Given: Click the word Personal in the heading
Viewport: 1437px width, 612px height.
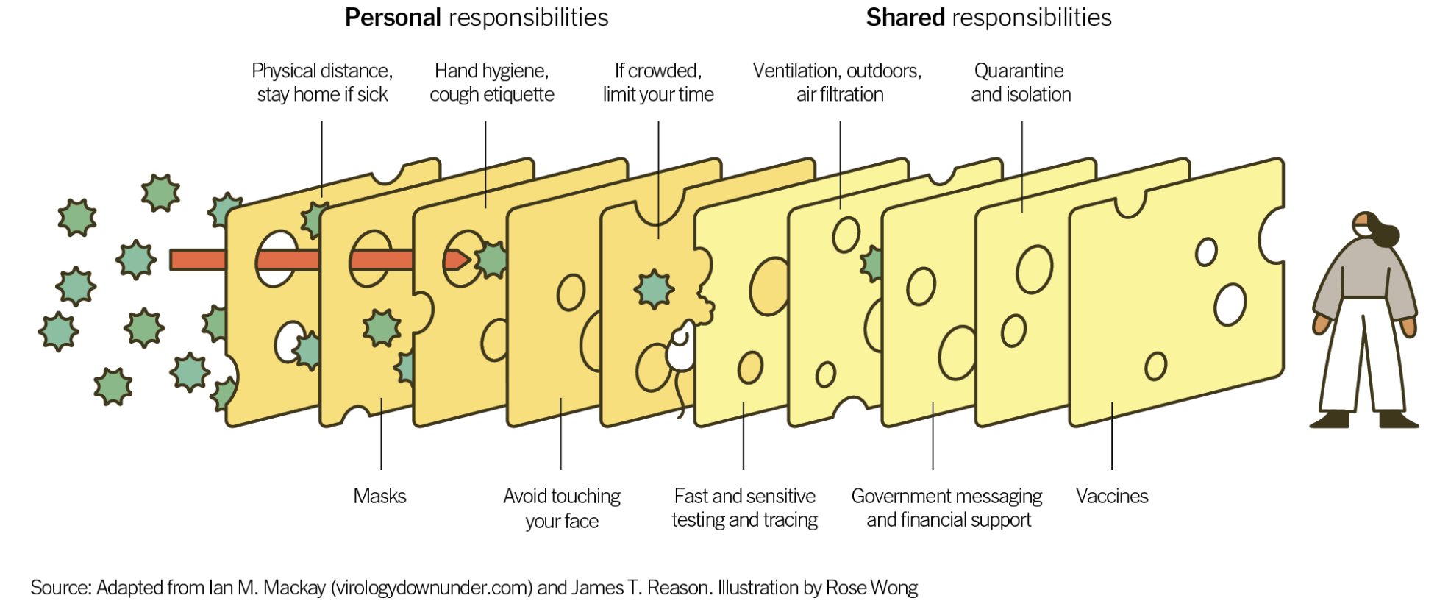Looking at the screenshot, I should coord(393,18).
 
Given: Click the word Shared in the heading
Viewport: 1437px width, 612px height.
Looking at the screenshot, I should coord(905,18).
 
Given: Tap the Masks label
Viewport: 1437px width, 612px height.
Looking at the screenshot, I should coord(379,496).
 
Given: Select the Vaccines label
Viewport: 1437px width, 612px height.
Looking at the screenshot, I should coord(1111,496).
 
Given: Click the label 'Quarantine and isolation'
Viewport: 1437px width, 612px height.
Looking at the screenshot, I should coord(1020,82).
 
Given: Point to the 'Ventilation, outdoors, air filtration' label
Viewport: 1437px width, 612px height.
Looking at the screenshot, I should coord(838,82).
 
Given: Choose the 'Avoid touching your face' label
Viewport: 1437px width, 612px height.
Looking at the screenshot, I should coord(562,508).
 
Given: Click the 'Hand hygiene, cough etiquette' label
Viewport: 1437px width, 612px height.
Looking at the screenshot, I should coord(491,82).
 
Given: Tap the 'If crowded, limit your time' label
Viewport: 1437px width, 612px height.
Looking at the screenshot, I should coord(658,82).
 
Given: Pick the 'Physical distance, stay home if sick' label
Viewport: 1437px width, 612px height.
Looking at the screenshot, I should coord(322,82).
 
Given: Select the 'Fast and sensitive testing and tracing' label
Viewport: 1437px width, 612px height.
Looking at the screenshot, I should coord(744,508).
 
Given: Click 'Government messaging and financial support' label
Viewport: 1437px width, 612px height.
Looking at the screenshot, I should coord(947,508).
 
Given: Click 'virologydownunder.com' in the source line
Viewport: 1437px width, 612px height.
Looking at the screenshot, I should coord(432,588).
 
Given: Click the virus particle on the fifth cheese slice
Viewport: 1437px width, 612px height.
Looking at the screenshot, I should coord(654,288).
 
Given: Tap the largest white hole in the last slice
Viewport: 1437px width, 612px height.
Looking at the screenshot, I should coord(1230,304).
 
